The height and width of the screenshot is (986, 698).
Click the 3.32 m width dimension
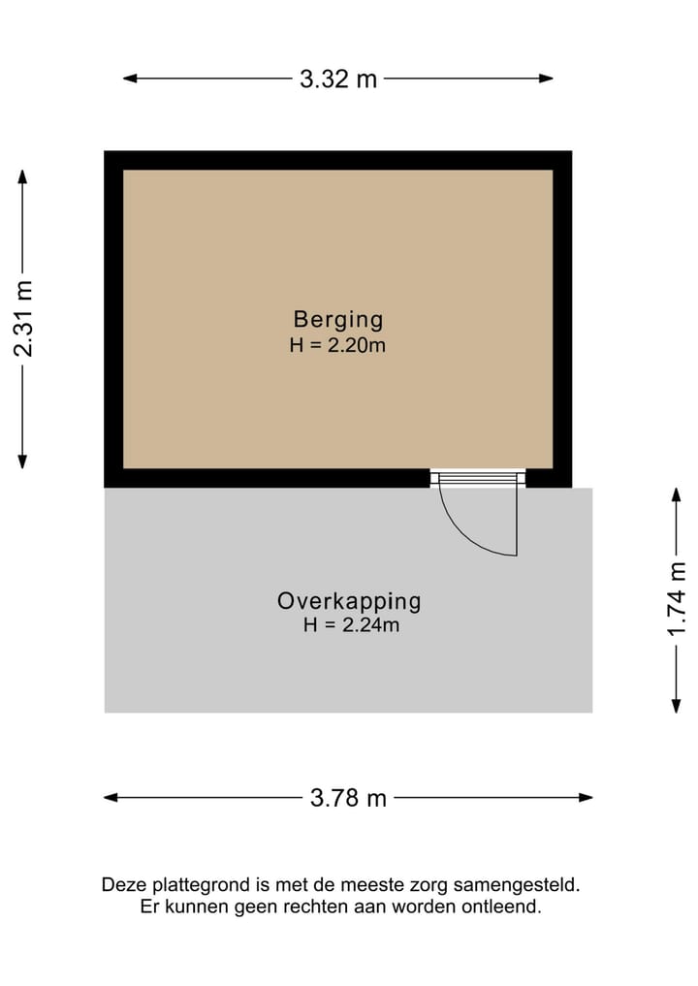pyautogui.click(x=338, y=80)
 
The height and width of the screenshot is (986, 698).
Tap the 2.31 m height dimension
pyautogui.click(x=24, y=317)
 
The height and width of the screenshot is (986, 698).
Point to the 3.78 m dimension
pyautogui.click(x=348, y=798)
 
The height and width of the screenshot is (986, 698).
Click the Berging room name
pyautogui.click(x=338, y=319)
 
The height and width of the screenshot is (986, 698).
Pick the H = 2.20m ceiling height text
pyautogui.click(x=338, y=344)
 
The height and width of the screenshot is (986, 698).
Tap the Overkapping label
pyautogui.click(x=349, y=601)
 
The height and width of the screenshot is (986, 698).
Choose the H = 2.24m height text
pyautogui.click(x=350, y=625)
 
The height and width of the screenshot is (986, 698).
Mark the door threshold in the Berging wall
pyautogui.click(x=477, y=476)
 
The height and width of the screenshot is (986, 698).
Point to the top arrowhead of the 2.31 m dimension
pyautogui.click(x=23, y=175)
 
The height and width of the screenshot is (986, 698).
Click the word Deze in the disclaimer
pyautogui.click(x=121, y=885)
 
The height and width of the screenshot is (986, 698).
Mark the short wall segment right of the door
pyautogui.click(x=548, y=477)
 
